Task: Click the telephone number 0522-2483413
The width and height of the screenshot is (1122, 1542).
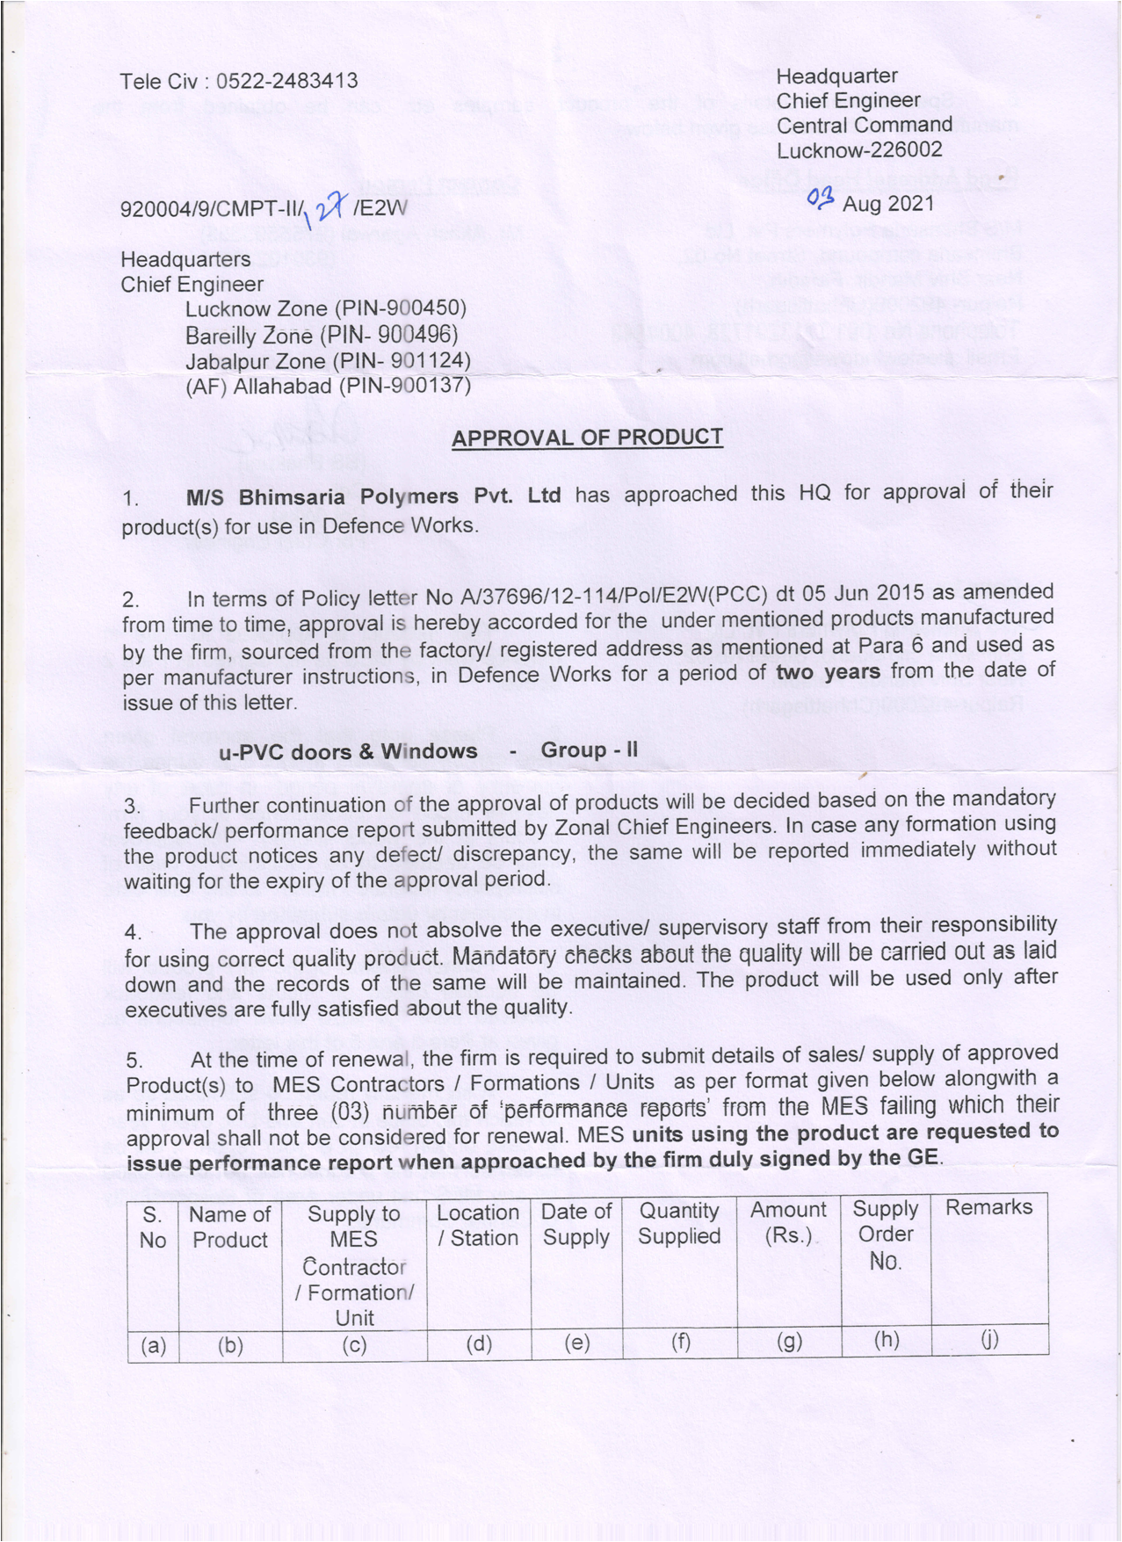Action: tap(287, 81)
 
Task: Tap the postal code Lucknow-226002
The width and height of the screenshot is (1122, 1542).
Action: tap(859, 150)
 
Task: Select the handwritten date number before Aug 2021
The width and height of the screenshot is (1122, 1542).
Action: tap(820, 200)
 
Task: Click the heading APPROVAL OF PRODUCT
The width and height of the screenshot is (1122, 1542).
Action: tap(587, 438)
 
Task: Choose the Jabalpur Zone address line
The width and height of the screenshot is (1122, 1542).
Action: tap(328, 361)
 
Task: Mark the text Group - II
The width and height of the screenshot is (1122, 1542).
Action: tap(590, 750)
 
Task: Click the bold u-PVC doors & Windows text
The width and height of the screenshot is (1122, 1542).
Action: tap(348, 752)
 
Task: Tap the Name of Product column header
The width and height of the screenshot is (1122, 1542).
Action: tap(230, 1227)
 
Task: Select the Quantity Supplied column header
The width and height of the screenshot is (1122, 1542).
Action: tap(679, 1224)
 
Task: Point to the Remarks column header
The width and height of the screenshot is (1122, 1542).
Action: tap(988, 1208)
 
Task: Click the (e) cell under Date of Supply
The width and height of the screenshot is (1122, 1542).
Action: tap(576, 1343)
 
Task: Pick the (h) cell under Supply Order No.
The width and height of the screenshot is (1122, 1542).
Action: tap(886, 1341)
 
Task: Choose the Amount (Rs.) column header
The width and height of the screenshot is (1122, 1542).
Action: tap(788, 1223)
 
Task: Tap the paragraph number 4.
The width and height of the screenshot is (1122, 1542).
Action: tap(133, 932)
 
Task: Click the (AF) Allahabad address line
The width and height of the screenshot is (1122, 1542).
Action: tap(328, 387)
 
